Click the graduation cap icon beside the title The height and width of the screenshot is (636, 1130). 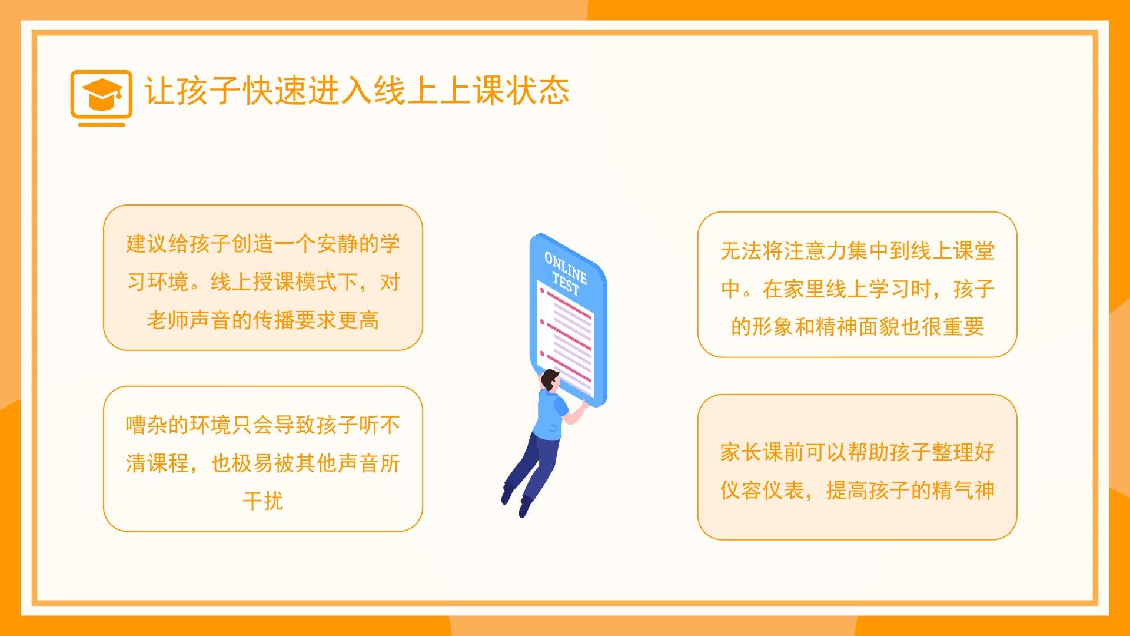pyautogui.click(x=102, y=98)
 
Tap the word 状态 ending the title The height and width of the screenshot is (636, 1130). pyautogui.click(x=537, y=91)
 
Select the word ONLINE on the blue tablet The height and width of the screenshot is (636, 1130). pyautogui.click(x=566, y=267)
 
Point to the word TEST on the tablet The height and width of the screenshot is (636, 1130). pyautogui.click(x=566, y=284)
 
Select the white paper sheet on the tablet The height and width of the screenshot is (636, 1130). pyautogui.click(x=566, y=339)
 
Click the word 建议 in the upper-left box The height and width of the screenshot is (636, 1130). pyautogui.click(x=147, y=243)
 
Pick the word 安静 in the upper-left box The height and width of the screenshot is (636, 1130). pyautogui.click(x=337, y=243)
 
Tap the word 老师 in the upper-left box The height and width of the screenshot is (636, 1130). pyautogui.click(x=168, y=320)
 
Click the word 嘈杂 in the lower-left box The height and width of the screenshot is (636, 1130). pyautogui.click(x=147, y=425)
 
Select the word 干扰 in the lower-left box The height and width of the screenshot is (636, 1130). pyautogui.click(x=263, y=501)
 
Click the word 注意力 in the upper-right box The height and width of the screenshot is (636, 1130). pyautogui.click(x=815, y=250)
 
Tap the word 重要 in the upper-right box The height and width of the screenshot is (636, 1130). pyautogui.click(x=963, y=326)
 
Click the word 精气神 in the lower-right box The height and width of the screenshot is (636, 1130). pyautogui.click(x=963, y=490)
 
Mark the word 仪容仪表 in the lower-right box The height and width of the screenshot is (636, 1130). pyautogui.click(x=762, y=490)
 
